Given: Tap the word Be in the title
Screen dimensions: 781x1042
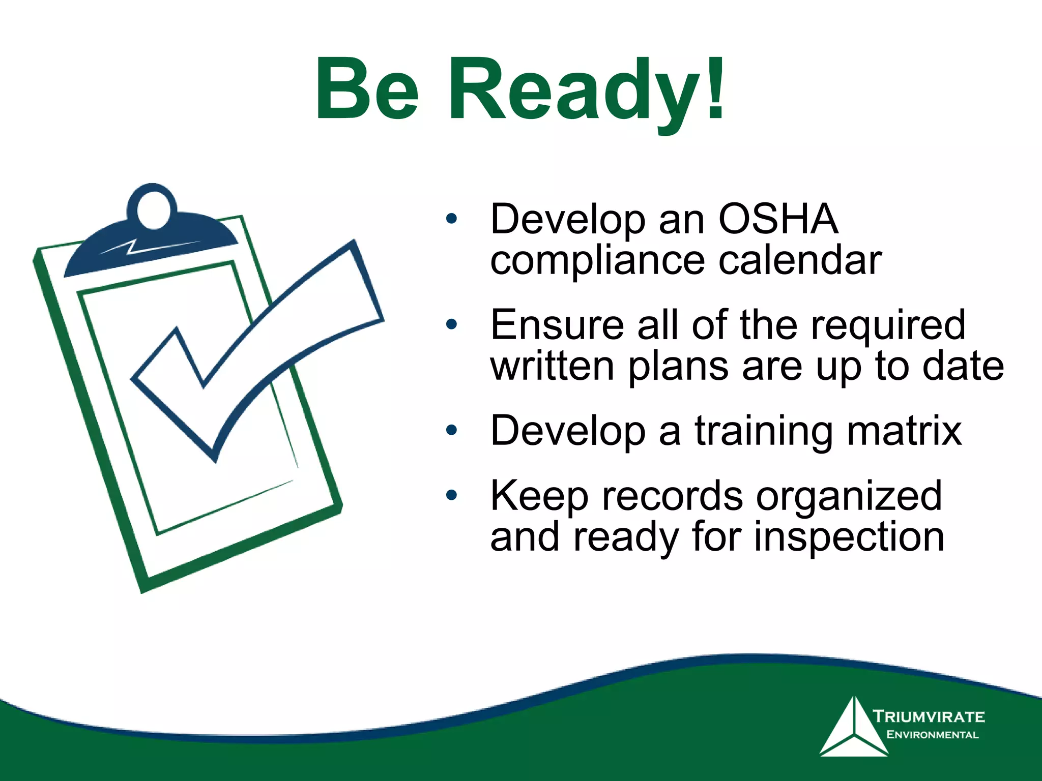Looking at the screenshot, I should click(367, 91).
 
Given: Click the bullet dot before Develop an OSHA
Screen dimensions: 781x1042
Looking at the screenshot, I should click(451, 219).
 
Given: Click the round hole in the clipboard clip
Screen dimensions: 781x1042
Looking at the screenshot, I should click(153, 210).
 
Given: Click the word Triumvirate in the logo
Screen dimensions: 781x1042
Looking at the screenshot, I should click(929, 716).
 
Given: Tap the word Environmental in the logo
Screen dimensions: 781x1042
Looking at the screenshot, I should click(932, 735).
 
